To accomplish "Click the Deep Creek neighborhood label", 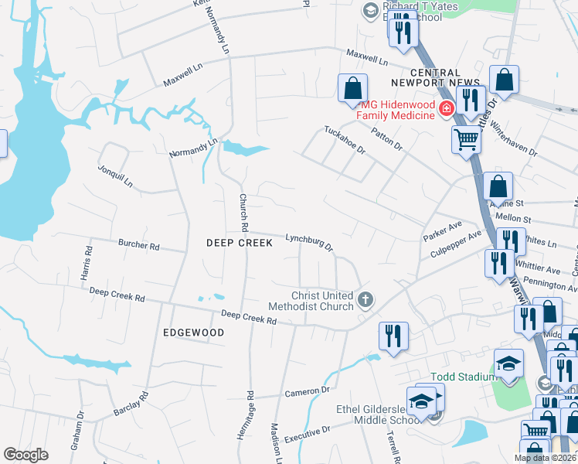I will [240, 243].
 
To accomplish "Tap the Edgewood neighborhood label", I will [193, 333].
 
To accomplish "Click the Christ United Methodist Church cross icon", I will [365, 299].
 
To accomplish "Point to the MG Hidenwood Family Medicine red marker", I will [446, 110].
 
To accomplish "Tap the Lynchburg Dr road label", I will [308, 242].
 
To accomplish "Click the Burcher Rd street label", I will [138, 245].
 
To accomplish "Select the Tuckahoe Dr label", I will [345, 139].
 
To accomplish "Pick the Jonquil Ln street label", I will [116, 177].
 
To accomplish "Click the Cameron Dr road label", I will [307, 392].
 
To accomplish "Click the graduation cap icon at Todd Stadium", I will [509, 364].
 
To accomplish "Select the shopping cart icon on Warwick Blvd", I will [466, 139].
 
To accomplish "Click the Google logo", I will [26, 454].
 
